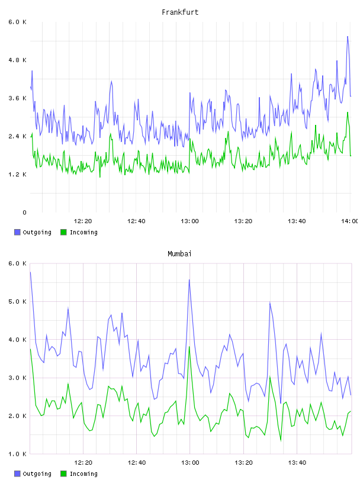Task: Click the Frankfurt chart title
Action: tap(180, 12)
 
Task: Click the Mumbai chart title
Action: tap(179, 254)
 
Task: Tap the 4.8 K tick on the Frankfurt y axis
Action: tap(17, 60)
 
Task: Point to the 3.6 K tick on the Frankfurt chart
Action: tap(17, 98)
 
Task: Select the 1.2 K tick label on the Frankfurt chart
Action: tap(17, 175)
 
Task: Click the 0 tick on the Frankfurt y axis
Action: tap(24, 212)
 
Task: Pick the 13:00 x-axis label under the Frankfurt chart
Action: tap(189, 221)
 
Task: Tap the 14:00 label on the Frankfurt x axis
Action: tap(350, 221)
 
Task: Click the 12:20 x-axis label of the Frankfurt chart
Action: tap(83, 221)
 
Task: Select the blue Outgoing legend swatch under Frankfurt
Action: tap(17, 232)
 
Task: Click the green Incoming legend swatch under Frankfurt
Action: tap(63, 232)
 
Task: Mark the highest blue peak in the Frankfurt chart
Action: tap(348, 36)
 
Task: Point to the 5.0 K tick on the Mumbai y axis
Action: tap(17, 301)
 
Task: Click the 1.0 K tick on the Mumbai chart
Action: tap(17, 454)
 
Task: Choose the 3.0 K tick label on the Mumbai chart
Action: tap(17, 378)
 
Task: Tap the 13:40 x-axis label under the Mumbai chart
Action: tap(297, 463)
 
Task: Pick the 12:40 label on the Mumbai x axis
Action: tap(137, 463)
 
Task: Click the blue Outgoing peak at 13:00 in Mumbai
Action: tap(189, 280)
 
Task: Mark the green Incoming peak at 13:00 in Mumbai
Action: tap(189, 346)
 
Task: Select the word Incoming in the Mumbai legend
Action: tap(83, 474)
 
